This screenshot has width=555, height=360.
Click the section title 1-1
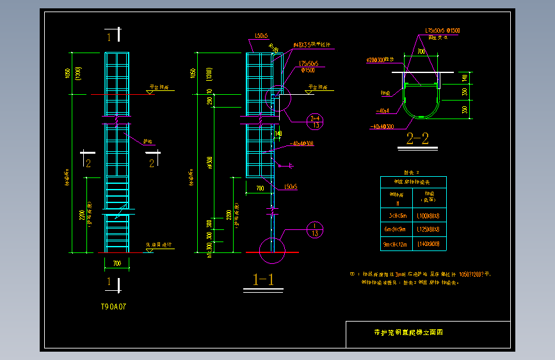(x=264, y=280)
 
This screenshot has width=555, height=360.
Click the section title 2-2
(x=417, y=138)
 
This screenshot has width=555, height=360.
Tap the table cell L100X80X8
(x=432, y=217)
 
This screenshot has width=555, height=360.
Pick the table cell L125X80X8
(x=432, y=229)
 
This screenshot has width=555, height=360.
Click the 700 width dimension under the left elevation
(x=117, y=263)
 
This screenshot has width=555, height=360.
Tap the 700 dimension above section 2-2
(x=421, y=51)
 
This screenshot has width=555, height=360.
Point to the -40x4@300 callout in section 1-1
(x=302, y=143)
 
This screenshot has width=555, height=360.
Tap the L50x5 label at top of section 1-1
(x=261, y=36)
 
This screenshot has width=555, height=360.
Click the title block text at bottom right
(x=408, y=332)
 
